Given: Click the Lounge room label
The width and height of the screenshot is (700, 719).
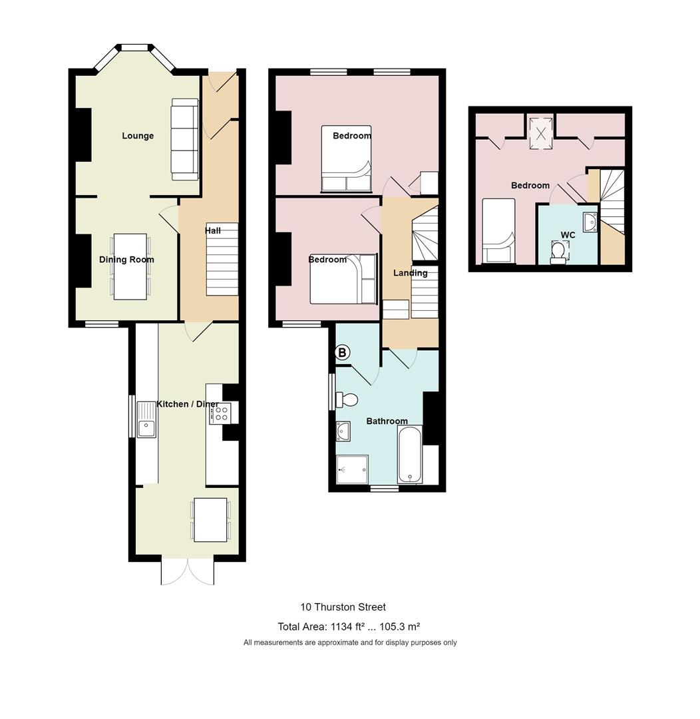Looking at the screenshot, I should click(138, 136).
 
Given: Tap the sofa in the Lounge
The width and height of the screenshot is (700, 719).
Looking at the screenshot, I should click(185, 139).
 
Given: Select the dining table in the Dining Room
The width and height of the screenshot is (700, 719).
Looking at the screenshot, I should click(130, 266).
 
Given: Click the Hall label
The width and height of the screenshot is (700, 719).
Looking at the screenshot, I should click(213, 230).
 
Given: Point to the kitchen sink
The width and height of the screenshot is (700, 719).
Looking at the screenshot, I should click(146, 420).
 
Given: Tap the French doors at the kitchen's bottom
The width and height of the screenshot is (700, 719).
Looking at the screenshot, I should click(188, 571).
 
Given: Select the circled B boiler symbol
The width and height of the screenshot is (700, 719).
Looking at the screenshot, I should click(342, 353).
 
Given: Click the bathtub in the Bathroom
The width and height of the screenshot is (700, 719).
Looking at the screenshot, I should click(409, 455).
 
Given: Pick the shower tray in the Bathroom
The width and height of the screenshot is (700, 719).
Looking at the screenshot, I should click(352, 469).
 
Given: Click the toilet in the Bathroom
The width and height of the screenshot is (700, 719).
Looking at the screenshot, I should click(347, 399).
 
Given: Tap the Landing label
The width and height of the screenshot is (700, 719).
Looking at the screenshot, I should click(410, 272).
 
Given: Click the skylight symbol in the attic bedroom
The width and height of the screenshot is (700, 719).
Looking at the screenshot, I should click(540, 132).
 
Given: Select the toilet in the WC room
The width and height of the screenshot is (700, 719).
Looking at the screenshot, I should click(559, 252).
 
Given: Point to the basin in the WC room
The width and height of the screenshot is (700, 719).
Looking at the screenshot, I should click(589, 222).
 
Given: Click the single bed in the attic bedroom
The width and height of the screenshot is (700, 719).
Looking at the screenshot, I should click(497, 232).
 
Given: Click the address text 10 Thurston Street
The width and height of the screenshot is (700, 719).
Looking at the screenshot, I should click(343, 606).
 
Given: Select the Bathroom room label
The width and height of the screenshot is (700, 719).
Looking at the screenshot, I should click(387, 421).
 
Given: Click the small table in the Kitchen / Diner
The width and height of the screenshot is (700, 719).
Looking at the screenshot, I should click(211, 519).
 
